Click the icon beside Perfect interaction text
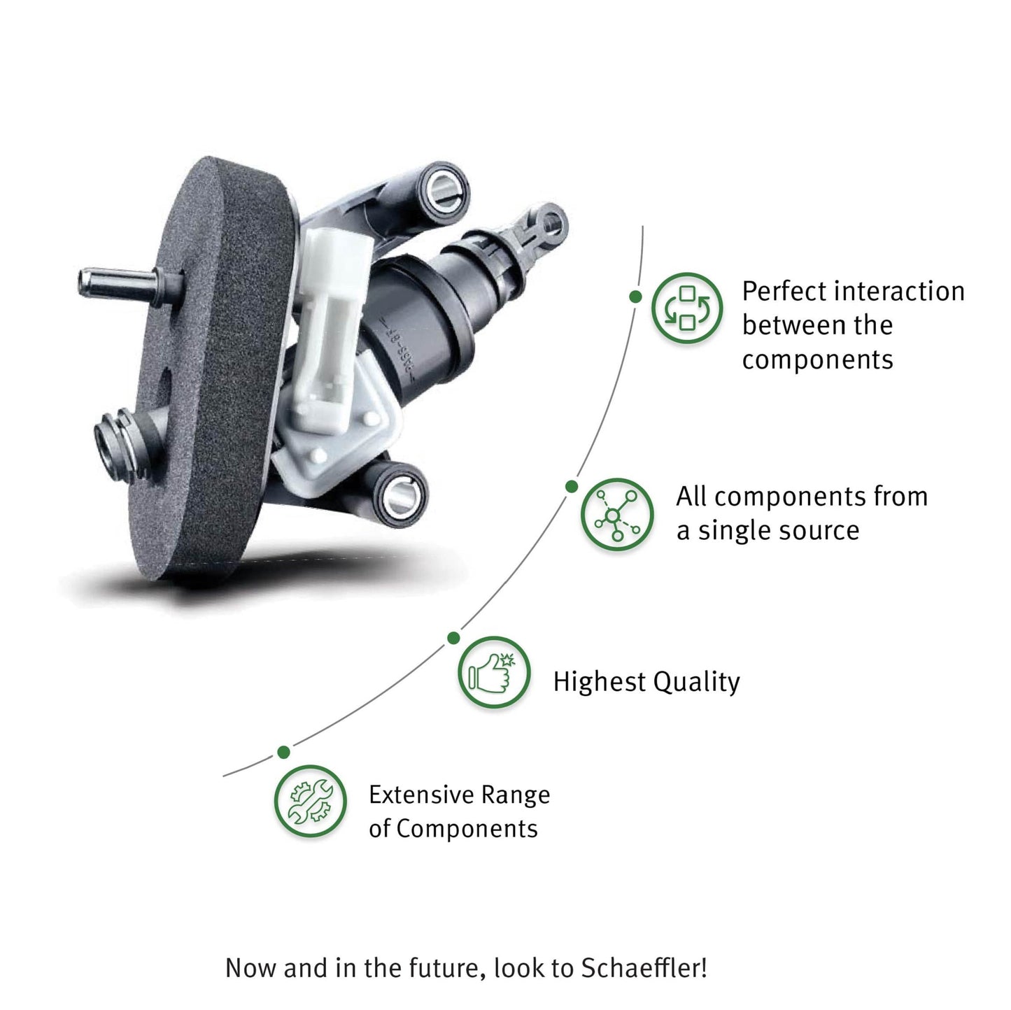point(686,308)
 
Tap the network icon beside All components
point(616,514)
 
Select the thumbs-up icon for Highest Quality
point(493,672)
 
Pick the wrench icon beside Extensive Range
point(310,801)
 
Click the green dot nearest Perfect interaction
point(635,297)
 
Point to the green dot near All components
point(572,486)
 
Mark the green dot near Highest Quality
point(453,638)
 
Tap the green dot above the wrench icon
point(283,753)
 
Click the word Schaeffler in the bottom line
point(644,968)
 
